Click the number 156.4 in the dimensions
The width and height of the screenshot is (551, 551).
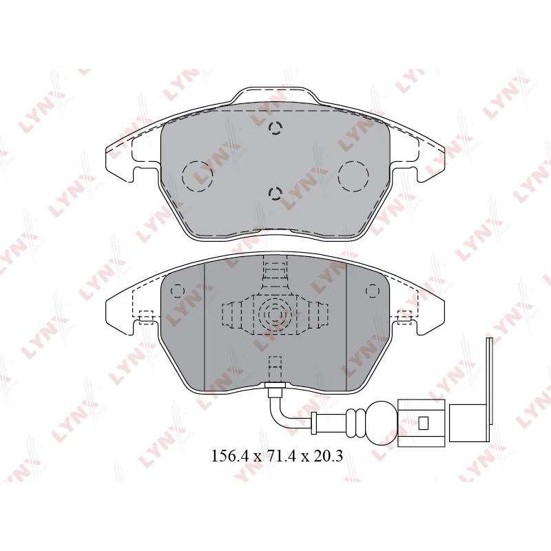[x=229, y=456]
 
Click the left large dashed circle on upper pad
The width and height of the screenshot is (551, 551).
[x=198, y=176]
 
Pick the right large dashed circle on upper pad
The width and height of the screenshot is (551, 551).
[x=353, y=176]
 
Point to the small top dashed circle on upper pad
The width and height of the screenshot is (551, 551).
[x=275, y=128]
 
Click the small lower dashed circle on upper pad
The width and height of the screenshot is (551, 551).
[x=275, y=194]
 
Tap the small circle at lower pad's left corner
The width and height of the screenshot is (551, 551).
[x=178, y=291]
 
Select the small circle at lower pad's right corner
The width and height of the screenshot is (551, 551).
[x=373, y=291]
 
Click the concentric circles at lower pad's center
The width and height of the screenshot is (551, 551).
[x=275, y=315]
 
